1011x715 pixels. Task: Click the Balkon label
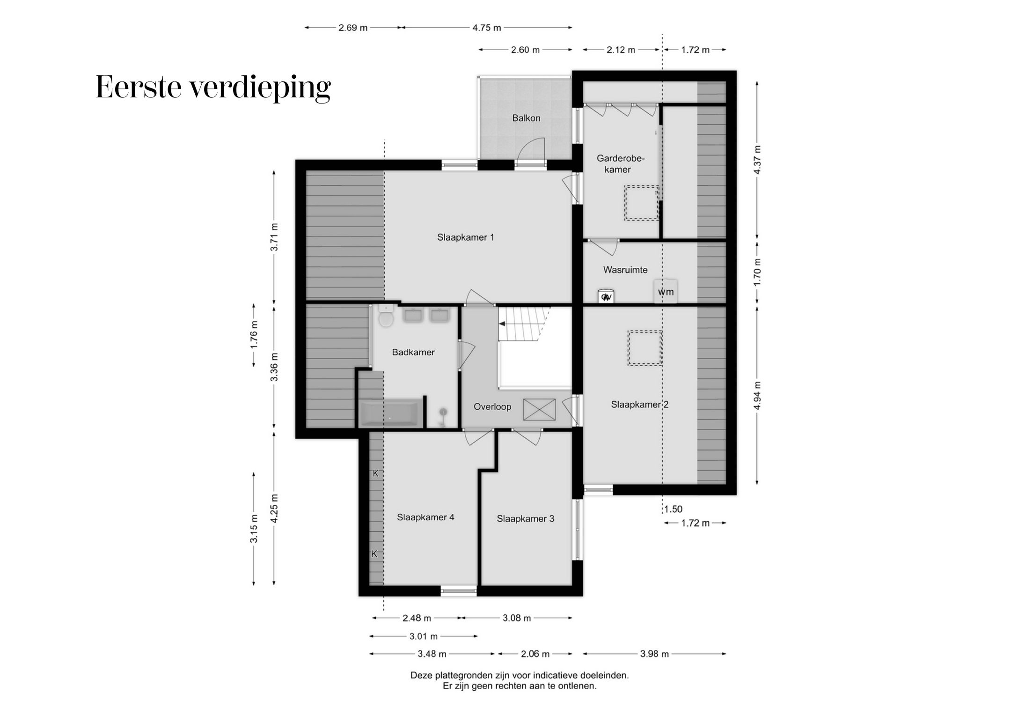coord(526,118)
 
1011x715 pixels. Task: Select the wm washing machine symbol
coord(666,292)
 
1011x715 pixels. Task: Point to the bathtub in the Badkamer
coord(389,413)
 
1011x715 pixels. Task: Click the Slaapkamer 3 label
coord(525,519)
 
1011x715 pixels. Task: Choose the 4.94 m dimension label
coord(757,395)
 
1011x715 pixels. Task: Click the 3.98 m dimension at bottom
coord(654,654)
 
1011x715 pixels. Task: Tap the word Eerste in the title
coord(138,87)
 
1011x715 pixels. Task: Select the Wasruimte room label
coord(625,270)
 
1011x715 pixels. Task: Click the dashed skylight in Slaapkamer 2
coord(645,347)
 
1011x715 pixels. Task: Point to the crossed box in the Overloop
coord(539,410)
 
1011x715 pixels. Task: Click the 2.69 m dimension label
coord(353,28)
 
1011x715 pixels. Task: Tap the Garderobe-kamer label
coord(620,164)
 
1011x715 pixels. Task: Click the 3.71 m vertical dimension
coord(274,237)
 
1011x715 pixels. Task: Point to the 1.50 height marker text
coord(674,509)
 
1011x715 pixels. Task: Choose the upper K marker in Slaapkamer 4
coord(375,473)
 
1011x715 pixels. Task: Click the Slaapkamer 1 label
coord(465,237)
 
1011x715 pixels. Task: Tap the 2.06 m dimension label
coord(535,654)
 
